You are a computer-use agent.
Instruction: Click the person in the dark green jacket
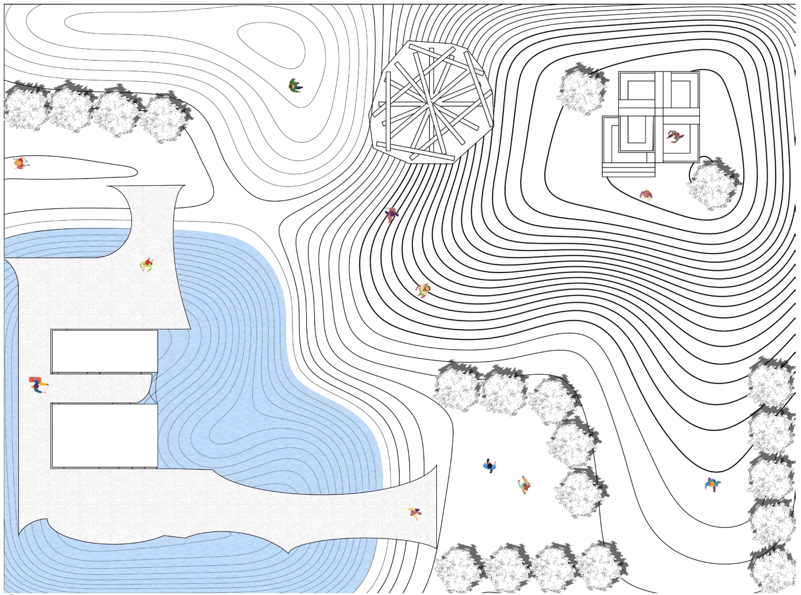point(295,86)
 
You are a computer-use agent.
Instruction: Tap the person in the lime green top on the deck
point(147,264)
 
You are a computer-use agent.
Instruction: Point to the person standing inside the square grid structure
point(675,136)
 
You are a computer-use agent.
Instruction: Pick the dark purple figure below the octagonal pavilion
point(392,214)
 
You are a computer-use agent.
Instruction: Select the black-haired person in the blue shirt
point(490,466)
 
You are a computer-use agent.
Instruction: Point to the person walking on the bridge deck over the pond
point(415,513)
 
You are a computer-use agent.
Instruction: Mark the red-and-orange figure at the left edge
point(20,163)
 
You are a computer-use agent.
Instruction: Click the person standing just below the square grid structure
point(646,195)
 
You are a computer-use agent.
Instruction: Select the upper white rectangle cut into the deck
point(104,352)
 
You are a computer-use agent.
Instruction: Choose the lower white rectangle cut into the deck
point(104,435)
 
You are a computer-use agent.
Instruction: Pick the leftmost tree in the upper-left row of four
point(25,108)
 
